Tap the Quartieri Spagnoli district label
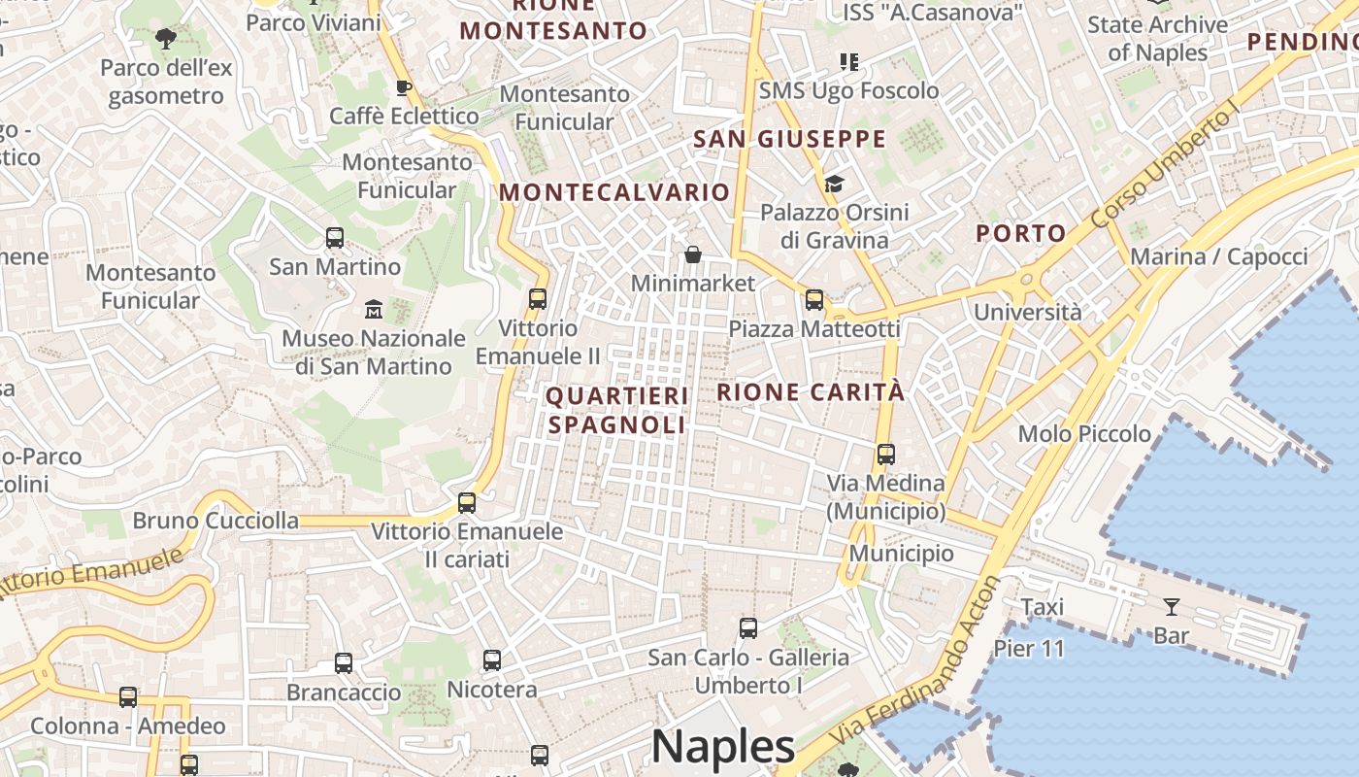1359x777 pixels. coord(617,410)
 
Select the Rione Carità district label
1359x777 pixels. coord(811,392)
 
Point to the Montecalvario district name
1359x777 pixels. coord(614,192)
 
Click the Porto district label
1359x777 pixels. coord(1021,233)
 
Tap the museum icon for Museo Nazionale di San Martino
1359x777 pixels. coord(374,310)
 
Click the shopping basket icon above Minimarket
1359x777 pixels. coord(693,254)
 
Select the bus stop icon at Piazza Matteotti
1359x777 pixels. coord(814,300)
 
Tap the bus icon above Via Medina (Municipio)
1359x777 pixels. coord(885,454)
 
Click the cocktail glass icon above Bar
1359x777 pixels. coord(1172,607)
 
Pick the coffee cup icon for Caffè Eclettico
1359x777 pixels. coord(404,88)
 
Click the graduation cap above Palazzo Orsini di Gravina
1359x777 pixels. coord(834,184)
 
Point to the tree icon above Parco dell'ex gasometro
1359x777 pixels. coord(166,39)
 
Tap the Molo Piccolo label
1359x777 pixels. coord(1084,434)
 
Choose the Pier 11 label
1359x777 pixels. coord(1029,649)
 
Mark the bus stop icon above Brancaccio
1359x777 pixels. coord(344,663)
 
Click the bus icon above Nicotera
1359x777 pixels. coord(492,660)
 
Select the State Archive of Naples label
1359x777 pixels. coord(1157,38)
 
